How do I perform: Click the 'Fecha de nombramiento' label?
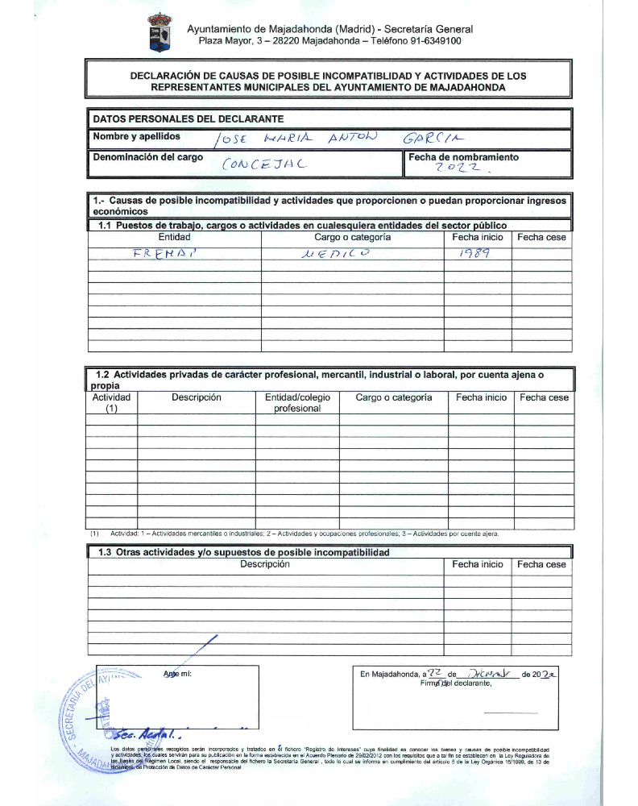click(463, 157)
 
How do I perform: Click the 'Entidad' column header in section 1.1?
click(175, 238)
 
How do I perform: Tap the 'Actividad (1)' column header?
click(111, 403)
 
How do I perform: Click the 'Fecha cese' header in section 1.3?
click(541, 565)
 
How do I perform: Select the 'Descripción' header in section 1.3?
click(264, 565)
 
